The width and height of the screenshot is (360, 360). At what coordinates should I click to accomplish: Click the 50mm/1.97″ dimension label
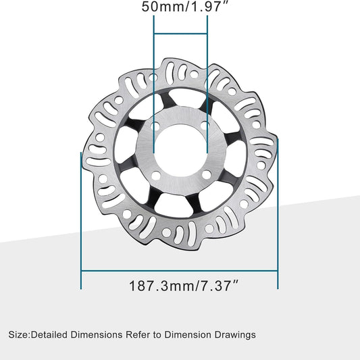pos(180,7)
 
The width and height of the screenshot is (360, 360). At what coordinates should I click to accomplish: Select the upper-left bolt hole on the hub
pos(157,126)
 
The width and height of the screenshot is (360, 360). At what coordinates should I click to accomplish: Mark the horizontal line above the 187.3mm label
pos(179,271)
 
